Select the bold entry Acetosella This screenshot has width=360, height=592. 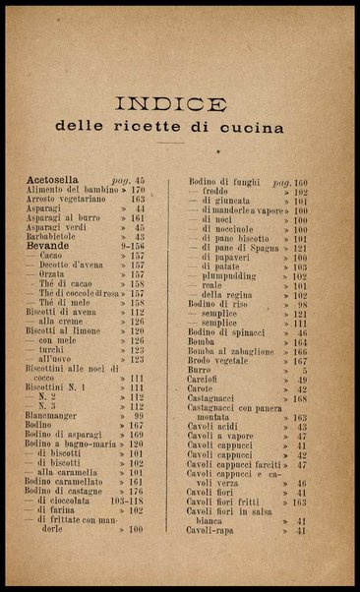pos(59,181)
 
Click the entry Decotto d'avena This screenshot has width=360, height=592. pos(80,265)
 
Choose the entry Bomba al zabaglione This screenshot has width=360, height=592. pos(232,351)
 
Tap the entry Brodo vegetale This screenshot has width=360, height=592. pos(220,360)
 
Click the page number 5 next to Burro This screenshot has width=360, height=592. pos(304,370)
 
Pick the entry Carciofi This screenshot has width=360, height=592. pos(205,380)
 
